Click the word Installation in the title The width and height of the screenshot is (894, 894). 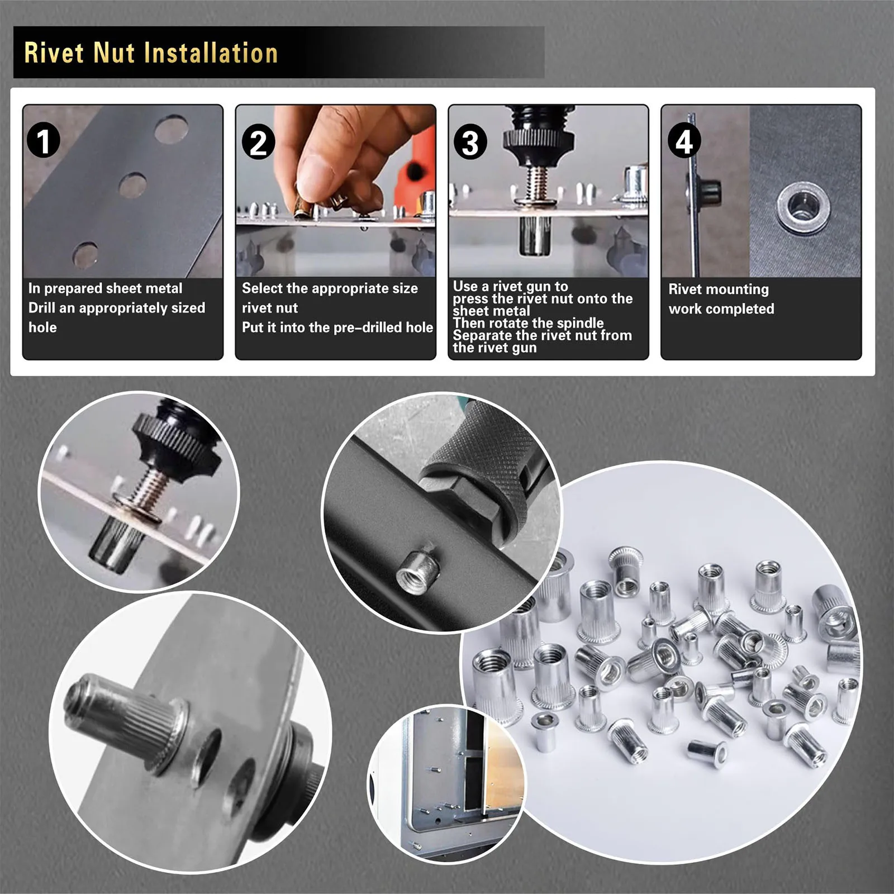211,53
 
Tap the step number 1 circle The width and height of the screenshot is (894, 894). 44,141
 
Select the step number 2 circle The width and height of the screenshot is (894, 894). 258,142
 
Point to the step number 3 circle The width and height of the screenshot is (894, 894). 470,142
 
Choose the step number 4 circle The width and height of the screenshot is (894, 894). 684,142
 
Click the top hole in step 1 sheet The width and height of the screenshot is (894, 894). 171,129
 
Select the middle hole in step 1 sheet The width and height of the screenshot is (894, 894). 132,186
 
